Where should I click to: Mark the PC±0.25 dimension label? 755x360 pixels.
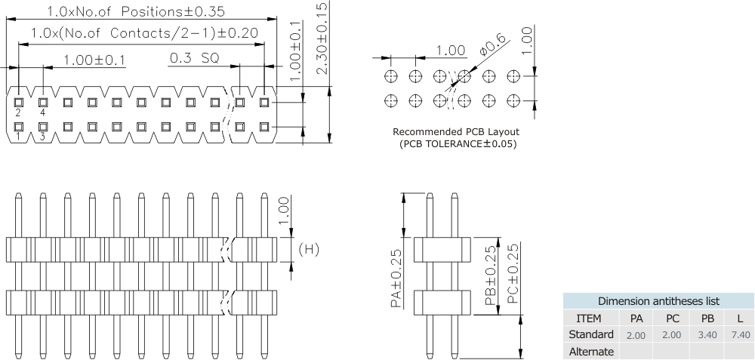[511, 273]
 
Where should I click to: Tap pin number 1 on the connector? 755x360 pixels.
[17, 137]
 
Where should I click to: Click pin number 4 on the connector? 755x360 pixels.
[42, 112]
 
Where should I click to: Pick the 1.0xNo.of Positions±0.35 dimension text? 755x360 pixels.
[137, 12]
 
